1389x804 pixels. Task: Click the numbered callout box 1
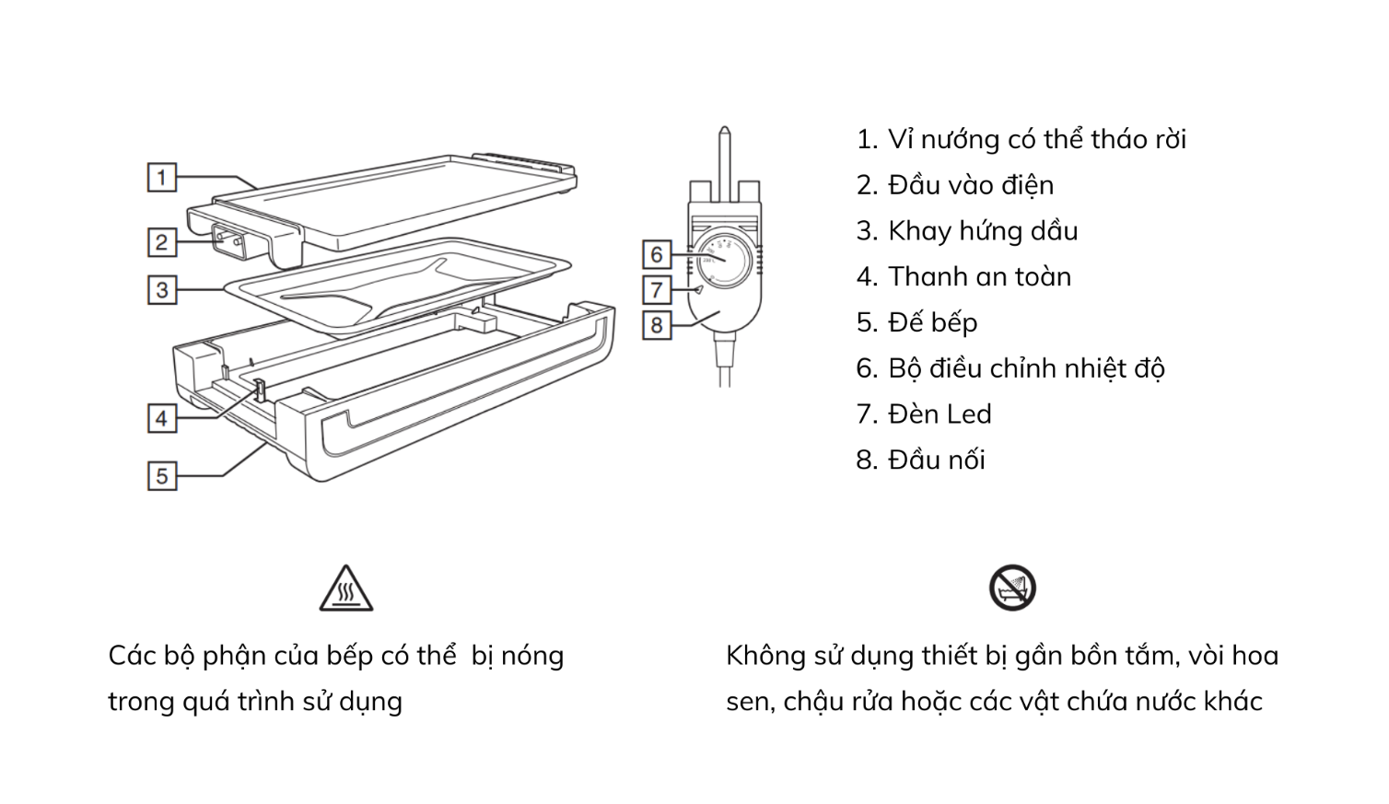click(162, 177)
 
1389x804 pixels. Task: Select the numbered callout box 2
click(162, 242)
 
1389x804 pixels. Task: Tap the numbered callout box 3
click(162, 290)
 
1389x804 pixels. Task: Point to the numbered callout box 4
click(162, 418)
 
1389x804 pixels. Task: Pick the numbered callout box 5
click(162, 475)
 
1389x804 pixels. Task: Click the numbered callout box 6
click(657, 254)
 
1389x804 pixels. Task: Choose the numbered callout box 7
click(657, 289)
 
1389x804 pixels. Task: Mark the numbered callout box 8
click(657, 325)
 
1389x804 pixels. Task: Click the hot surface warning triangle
click(346, 589)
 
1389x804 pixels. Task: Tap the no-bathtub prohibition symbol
click(1012, 588)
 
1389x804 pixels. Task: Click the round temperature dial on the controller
click(722, 253)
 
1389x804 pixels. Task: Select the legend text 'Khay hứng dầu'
click(982, 230)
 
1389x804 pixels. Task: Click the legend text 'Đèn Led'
click(939, 414)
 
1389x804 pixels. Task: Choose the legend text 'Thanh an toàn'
click(979, 276)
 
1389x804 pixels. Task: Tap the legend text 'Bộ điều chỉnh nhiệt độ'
click(1025, 368)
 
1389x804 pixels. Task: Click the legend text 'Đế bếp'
click(932, 322)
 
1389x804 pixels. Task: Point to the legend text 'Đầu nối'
click(936, 460)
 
